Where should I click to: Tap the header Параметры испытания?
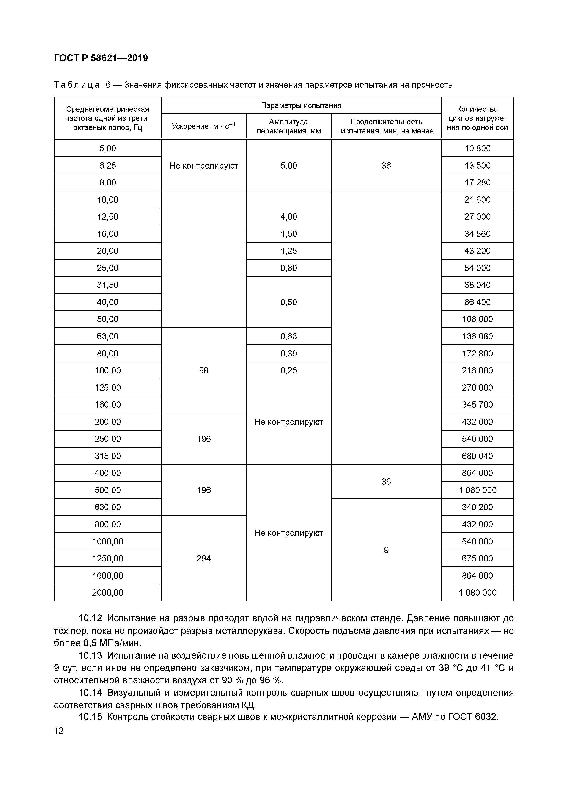coord(301,105)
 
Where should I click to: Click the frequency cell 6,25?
coord(107,165)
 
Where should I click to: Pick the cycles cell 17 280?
coord(477,182)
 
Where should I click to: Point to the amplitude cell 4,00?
coord(288,217)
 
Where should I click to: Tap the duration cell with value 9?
coord(386,550)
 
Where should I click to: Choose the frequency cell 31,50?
coord(107,285)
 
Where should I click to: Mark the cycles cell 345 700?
coord(477,405)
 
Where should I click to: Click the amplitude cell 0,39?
coord(288,353)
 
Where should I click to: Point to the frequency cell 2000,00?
coord(107,593)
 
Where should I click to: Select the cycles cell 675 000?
coord(477,558)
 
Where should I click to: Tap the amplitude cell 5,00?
coord(288,165)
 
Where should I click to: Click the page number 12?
coord(59,731)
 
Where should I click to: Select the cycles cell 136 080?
coord(477,337)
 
